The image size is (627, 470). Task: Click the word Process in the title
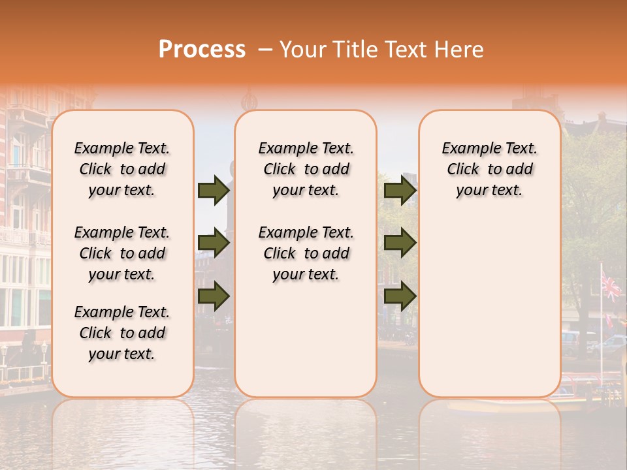click(202, 50)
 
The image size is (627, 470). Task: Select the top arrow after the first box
click(214, 191)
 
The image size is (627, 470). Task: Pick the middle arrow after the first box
click(214, 243)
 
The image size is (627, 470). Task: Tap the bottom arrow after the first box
click(214, 296)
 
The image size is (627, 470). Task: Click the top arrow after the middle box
click(400, 191)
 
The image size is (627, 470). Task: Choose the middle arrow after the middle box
click(400, 243)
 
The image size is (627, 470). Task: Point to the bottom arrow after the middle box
click(400, 296)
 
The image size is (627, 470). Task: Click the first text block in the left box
click(122, 169)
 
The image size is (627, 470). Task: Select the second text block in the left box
click(122, 253)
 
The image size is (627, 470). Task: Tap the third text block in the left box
click(122, 333)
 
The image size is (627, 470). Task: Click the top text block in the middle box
click(306, 169)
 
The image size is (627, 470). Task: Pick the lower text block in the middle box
click(306, 253)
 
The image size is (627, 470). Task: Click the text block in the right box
click(489, 169)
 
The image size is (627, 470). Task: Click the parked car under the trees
click(613, 344)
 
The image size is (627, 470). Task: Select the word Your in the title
click(302, 50)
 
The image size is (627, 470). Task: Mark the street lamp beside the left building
click(44, 351)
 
